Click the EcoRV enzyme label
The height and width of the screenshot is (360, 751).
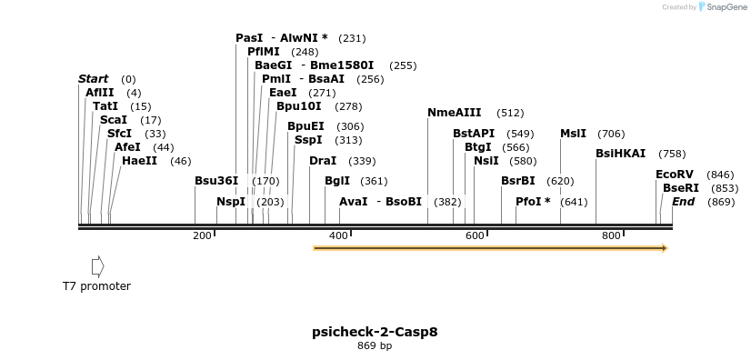coord(674,175)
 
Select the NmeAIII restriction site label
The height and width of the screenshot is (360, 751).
coord(455,113)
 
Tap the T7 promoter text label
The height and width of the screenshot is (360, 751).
coord(96,286)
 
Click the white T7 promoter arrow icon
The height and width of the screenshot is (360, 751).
coord(97,266)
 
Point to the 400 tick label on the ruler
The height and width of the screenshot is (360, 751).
coord(338,236)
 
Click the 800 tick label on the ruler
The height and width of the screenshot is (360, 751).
coord(611,236)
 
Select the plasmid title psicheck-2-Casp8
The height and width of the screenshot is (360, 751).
coord(375,332)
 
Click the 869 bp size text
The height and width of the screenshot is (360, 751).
coord(375,345)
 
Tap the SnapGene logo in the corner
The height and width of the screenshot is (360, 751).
coord(721,7)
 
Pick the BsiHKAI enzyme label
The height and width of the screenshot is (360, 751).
coord(620,154)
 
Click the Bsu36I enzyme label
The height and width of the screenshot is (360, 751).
coord(216,181)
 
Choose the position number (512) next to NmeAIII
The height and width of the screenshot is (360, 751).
coord(510,114)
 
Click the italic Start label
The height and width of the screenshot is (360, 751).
coord(93,79)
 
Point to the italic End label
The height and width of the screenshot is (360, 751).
coord(683,201)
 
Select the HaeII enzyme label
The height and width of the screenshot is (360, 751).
coord(139,161)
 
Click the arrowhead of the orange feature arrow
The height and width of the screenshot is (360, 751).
coord(665,248)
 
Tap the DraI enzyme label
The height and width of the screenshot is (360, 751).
coord(323,161)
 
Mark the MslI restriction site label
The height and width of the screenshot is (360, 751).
coord(573,133)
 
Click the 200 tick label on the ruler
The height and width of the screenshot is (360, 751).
coord(201,236)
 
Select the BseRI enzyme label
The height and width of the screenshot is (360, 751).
coord(681,187)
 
